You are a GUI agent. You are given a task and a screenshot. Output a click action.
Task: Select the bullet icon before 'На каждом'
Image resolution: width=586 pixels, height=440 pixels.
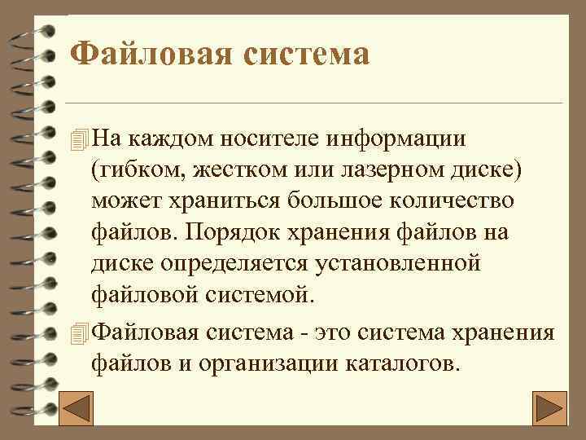(x=78, y=139)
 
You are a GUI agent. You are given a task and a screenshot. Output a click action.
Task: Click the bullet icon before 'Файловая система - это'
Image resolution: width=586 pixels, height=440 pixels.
(x=78, y=333)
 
